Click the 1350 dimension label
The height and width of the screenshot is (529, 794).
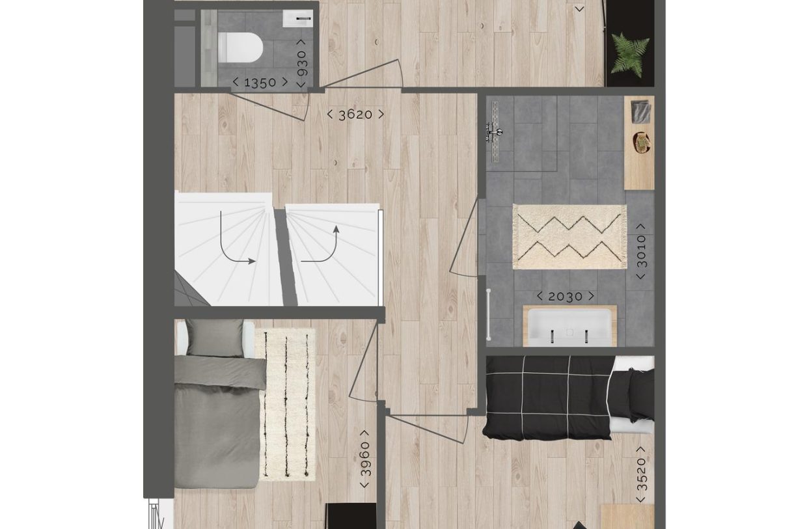coord(260,83)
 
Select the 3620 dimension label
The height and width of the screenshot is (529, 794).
coord(355,115)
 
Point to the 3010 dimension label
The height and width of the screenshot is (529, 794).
coord(641,251)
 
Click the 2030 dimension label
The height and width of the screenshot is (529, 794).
coord(565,297)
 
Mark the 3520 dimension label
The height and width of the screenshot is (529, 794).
coord(641,474)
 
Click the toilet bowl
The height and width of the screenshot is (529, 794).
coord(240,46)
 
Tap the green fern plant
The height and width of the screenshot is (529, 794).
coord(630,55)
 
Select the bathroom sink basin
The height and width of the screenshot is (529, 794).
coord(569,327)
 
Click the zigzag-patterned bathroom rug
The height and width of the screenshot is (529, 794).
coord(569,237)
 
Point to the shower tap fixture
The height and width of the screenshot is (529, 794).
coord(494,133)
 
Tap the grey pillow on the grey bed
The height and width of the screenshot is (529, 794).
coord(214,338)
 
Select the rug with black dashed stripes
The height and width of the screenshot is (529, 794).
coord(287,403)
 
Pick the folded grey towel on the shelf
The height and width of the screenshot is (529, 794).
coord(640,111)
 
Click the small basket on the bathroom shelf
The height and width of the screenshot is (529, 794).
coord(642,141)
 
